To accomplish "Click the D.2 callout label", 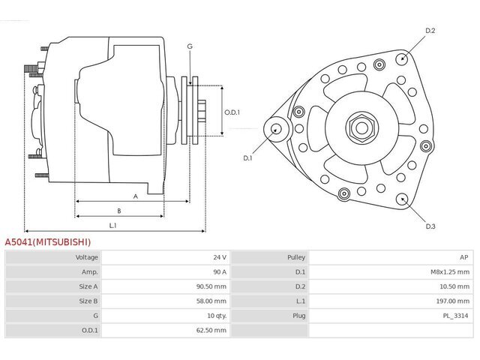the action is [430, 31].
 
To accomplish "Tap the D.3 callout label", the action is [430, 226].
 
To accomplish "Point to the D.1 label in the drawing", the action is [247, 158].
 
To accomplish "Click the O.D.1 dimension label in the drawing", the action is [232, 112].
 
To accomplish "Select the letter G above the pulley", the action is [190, 46].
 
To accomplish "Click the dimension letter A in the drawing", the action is [136, 196].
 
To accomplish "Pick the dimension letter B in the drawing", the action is [119, 211].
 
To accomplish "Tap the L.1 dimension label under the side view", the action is [113, 226].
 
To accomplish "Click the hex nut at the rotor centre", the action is [361, 127].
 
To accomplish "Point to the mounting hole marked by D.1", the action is [277, 129].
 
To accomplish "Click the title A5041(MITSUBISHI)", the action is [48, 242].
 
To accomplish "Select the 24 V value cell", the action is [220, 257].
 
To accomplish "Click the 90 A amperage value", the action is [220, 271].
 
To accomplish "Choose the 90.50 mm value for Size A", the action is [211, 286].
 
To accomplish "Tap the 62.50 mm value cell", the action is [211, 330].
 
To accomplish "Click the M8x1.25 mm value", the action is [450, 271].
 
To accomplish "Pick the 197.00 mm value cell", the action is [453, 301].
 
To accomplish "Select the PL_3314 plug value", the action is [455, 316].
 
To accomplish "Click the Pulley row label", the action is [296, 257].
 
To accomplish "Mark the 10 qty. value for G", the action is [217, 316].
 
